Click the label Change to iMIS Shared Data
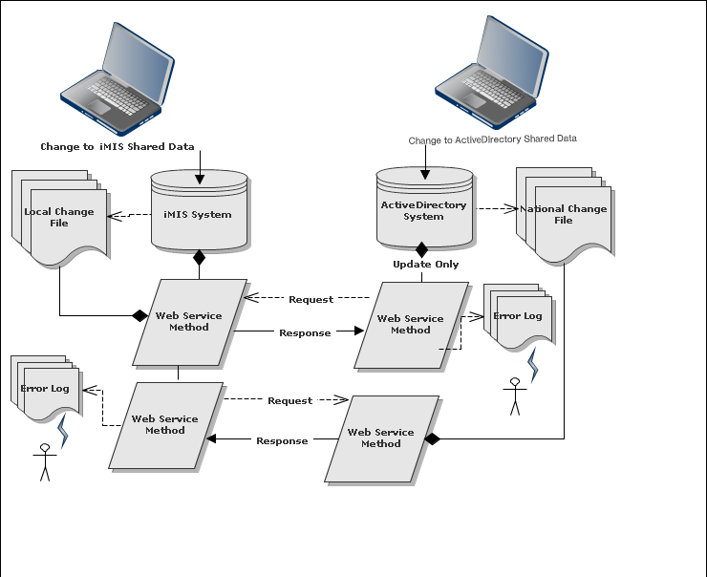click(118, 147)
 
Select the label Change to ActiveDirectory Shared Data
click(492, 139)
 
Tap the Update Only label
click(425, 265)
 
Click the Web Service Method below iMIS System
click(189, 322)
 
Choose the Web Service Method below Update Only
click(411, 325)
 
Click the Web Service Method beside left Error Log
click(165, 425)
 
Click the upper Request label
click(311, 300)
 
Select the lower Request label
click(289, 401)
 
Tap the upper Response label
click(305, 333)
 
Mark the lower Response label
click(282, 441)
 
